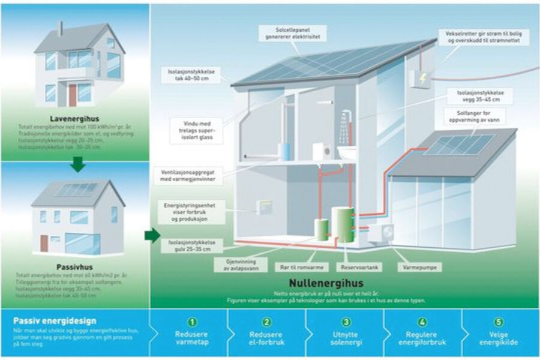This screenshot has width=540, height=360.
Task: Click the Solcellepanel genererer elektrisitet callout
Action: pos(293,33)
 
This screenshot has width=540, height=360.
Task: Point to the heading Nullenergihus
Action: pos(326,282)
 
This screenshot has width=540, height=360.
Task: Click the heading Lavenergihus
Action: pos(75,119)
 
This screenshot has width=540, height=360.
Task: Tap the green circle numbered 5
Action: pos(500,322)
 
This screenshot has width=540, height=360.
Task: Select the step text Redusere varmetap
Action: pos(191,338)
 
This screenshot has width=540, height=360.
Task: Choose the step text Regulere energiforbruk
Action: pos(422,338)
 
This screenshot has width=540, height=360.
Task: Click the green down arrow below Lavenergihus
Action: pos(77,163)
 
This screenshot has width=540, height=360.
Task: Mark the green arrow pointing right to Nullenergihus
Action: pos(152,235)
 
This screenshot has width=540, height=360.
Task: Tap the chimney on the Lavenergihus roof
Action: pos(60,28)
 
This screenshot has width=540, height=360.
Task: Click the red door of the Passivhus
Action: pos(44,242)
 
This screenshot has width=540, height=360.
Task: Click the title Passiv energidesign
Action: pos(55,321)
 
